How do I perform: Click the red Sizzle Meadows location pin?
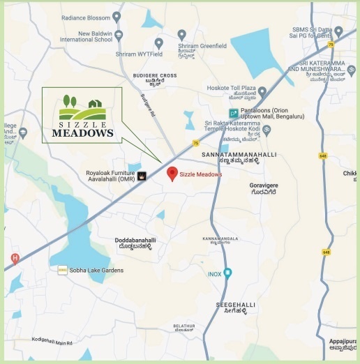(x=172, y=174)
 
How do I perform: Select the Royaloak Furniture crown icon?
(x=142, y=176)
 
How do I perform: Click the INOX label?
(x=214, y=274)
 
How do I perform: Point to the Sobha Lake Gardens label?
(x=96, y=270)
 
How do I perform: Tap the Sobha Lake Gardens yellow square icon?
(x=62, y=270)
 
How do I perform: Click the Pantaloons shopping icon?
(x=234, y=113)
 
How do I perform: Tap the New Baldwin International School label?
(x=86, y=36)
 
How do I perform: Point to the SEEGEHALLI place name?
(x=236, y=305)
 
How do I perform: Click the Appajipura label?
(x=343, y=341)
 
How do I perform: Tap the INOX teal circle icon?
(x=227, y=273)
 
